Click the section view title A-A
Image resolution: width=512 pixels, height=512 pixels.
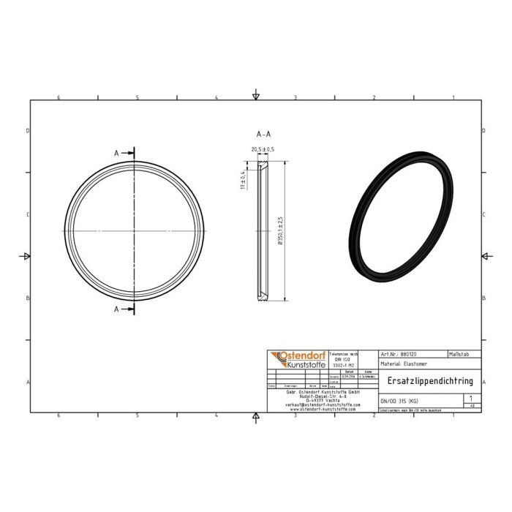click(263, 135)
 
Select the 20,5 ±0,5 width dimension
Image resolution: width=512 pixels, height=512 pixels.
click(263, 150)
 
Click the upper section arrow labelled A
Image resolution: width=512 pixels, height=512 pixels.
click(125, 152)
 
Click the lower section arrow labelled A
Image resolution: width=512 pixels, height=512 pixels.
click(125, 309)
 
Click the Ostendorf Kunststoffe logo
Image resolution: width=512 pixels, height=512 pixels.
click(297, 361)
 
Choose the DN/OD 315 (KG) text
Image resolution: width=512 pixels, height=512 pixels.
click(399, 400)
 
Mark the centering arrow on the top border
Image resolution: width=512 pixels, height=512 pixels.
click(255, 95)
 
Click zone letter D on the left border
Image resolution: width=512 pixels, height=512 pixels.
click(28, 131)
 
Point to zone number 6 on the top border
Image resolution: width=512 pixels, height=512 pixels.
click(59, 97)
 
